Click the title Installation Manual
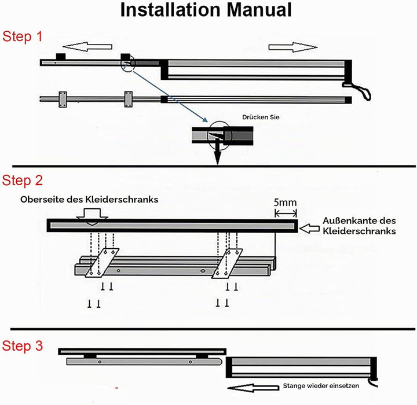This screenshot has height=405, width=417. coord(206,10)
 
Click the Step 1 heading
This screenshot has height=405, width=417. coord(23,36)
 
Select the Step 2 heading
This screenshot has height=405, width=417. coord(23,181)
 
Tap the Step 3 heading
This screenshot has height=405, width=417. coord(23,346)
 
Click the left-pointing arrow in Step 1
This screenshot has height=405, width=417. coord(87,46)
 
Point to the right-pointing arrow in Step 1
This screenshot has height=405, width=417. coord(293,47)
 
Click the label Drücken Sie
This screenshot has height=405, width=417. coord(261,117)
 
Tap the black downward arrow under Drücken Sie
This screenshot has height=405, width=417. coord(218,153)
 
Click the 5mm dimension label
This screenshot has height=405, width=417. coord(285,203)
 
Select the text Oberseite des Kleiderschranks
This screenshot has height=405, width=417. coord(89,199)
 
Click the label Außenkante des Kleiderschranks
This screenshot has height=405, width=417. coord(359,226)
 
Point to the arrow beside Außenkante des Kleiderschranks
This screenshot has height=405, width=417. coord(309,229)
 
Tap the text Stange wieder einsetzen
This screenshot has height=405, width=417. coord(321,385)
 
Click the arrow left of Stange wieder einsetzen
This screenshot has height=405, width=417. coord(254,388)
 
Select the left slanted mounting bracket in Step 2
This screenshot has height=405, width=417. coord(102,263)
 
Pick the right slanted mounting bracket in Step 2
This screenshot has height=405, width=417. coord(227,264)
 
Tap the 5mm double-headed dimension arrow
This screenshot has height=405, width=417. coord(286,213)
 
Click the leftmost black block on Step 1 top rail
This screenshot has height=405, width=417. coord(61,57)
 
